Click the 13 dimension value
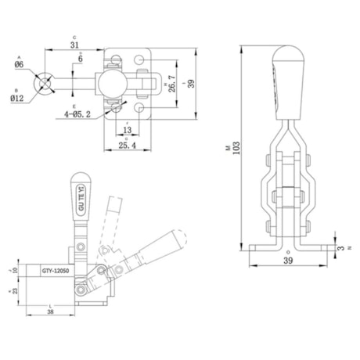coord(128,130)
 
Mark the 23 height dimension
coord(13,290)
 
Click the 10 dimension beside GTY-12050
coord(13,271)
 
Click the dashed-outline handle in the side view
coord(117,213)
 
